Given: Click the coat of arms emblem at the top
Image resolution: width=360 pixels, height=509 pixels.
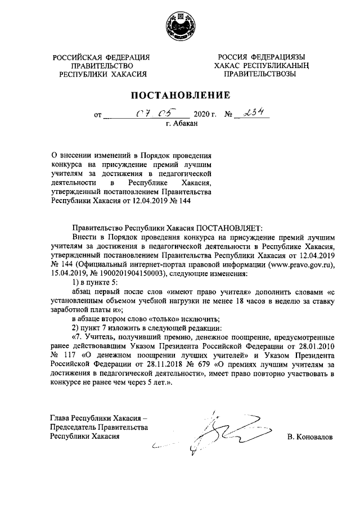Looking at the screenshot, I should [x=180, y=26].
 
